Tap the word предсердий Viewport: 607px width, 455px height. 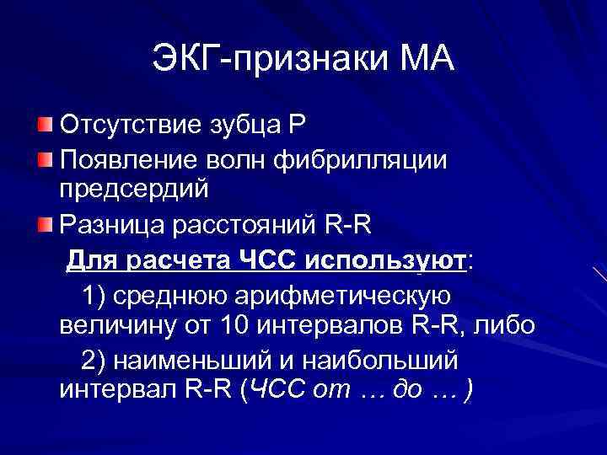(134, 191)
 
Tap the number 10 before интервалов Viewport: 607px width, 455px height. (240, 325)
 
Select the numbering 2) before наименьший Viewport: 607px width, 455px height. (94, 360)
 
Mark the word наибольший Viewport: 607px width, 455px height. (383, 360)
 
